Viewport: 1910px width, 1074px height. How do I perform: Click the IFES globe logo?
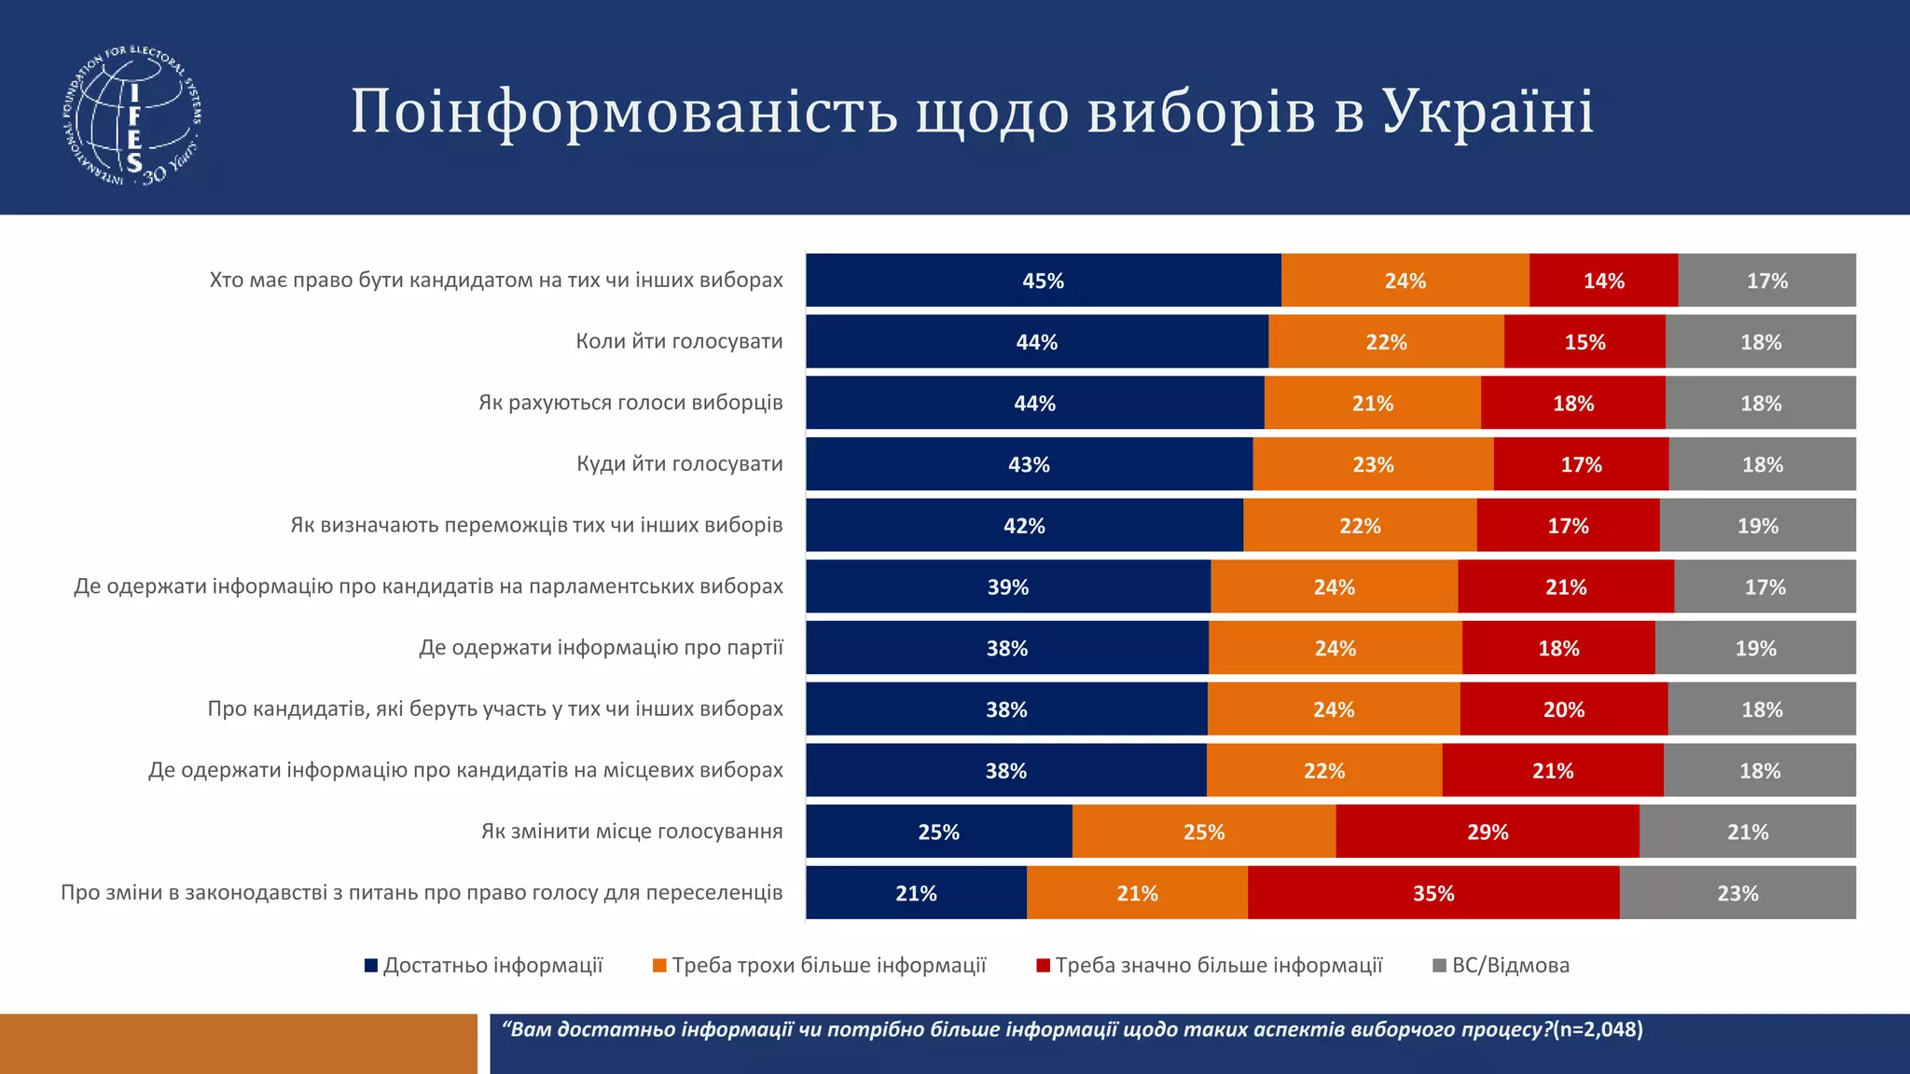(133, 115)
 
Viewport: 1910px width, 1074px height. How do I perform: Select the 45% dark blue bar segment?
(1043, 281)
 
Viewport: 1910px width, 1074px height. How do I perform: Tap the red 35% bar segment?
(1433, 893)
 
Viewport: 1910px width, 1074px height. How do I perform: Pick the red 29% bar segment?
(1487, 832)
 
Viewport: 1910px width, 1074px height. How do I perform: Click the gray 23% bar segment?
(1737, 893)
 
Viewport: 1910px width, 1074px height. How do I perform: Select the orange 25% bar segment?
(1203, 832)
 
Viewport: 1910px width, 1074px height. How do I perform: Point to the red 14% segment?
(1603, 281)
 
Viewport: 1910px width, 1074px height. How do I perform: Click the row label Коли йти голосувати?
(679, 341)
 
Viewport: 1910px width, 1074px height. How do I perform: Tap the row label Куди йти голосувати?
(679, 463)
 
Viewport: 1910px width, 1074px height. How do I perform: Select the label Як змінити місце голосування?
(631, 831)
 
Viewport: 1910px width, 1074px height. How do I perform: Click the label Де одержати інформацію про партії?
(601, 647)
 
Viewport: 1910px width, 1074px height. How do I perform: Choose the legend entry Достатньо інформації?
(492, 965)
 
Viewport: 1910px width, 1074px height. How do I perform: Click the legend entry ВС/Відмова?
(1510, 965)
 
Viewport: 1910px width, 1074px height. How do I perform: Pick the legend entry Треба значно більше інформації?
(1218, 965)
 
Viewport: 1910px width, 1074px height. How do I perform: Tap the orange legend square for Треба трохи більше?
(659, 966)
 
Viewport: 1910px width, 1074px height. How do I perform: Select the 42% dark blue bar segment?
(1024, 526)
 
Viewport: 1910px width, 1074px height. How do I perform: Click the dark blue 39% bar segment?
(1007, 586)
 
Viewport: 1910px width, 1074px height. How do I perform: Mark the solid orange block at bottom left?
(238, 1044)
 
